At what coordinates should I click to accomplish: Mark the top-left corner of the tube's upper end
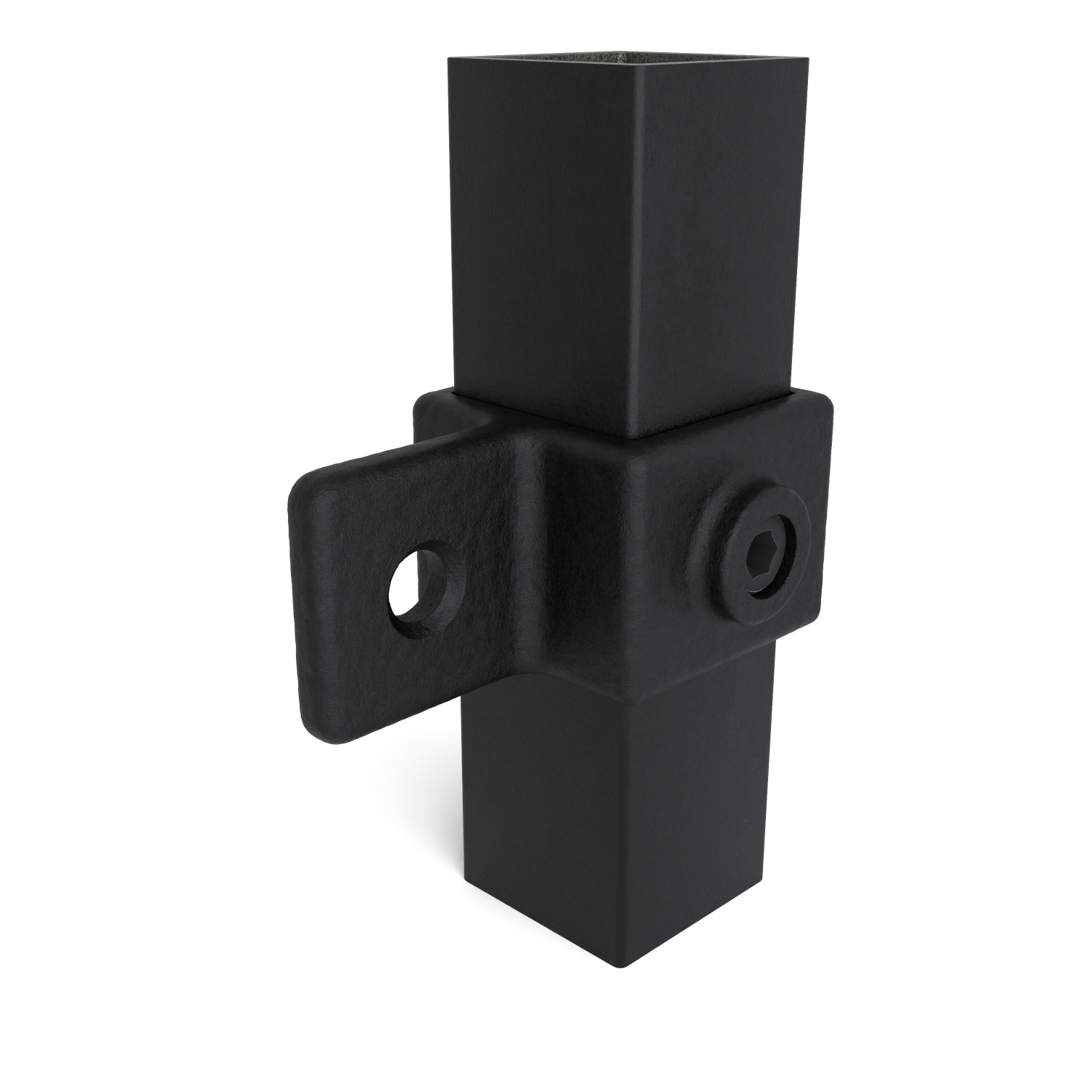click(x=451, y=62)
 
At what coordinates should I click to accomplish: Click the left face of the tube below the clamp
click(x=537, y=820)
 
